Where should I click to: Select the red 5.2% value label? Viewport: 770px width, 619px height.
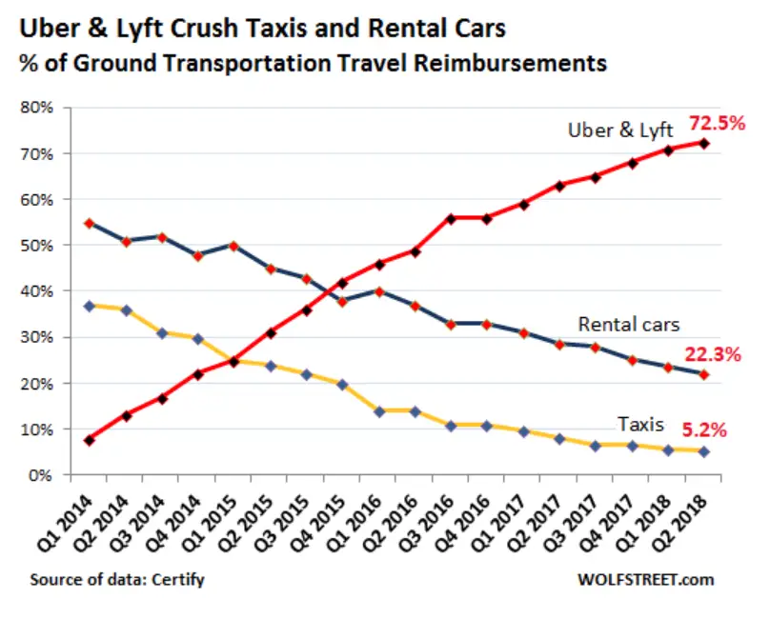click(x=703, y=429)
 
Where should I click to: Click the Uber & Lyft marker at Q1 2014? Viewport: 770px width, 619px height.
click(x=89, y=440)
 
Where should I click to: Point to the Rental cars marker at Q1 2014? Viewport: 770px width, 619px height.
click(x=89, y=224)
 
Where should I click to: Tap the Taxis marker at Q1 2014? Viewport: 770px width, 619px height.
click(x=89, y=306)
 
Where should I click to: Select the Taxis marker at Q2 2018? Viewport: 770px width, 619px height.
click(x=703, y=451)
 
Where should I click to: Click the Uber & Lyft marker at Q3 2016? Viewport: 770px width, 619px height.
click(x=451, y=218)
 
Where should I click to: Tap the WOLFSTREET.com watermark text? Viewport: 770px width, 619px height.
click(x=644, y=579)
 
